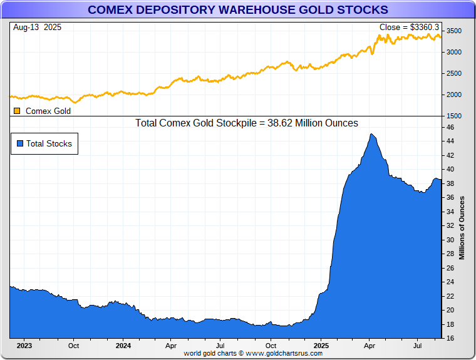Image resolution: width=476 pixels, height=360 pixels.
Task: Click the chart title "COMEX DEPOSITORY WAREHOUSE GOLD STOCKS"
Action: tap(237, 9)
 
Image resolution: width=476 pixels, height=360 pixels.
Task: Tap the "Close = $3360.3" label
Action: tap(409, 28)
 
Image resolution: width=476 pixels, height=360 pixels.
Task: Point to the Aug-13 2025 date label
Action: tap(37, 28)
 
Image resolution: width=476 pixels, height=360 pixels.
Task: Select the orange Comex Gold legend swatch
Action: tap(17, 111)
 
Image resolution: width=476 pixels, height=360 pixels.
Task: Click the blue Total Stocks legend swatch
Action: tap(20, 143)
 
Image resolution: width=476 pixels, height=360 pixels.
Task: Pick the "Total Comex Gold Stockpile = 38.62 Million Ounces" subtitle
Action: tap(247, 123)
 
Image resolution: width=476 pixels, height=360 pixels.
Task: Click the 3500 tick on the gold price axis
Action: tap(454, 31)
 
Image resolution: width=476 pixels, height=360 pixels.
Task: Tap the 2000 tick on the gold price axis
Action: tap(454, 95)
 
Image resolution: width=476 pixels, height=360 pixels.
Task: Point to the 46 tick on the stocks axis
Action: tap(450, 127)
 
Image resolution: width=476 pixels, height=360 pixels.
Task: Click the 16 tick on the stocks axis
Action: tap(450, 338)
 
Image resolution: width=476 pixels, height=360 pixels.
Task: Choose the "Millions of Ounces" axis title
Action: tap(462, 228)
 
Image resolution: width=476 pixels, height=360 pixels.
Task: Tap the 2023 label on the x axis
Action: tap(24, 345)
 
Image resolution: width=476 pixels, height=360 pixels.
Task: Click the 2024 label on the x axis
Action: tap(123, 345)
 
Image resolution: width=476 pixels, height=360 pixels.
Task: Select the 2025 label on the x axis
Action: tap(321, 345)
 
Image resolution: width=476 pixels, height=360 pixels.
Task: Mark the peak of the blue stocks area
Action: tap(372, 134)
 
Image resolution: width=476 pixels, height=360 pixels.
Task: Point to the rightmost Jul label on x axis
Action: tap(417, 345)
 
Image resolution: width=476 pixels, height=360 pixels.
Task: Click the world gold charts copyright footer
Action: tap(253, 353)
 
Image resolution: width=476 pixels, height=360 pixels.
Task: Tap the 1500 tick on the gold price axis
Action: tap(454, 116)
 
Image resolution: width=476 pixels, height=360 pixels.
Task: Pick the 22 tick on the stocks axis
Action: tap(450, 296)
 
